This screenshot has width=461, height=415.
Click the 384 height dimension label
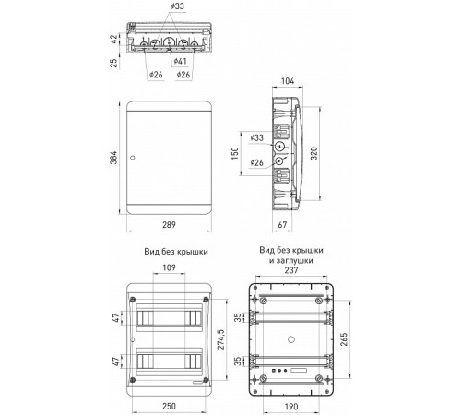(113, 158)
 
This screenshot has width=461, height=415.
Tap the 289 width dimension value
(169, 225)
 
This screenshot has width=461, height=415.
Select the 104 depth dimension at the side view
(288, 81)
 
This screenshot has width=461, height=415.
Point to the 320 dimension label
(313, 153)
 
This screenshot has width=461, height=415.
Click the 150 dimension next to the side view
(235, 153)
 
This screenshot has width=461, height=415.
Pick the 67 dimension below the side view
(282, 225)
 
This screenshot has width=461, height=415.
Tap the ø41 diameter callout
(181, 61)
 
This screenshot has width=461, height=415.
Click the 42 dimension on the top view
(114, 39)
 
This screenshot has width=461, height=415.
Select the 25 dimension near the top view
(114, 63)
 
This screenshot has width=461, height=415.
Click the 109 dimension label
(169, 267)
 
